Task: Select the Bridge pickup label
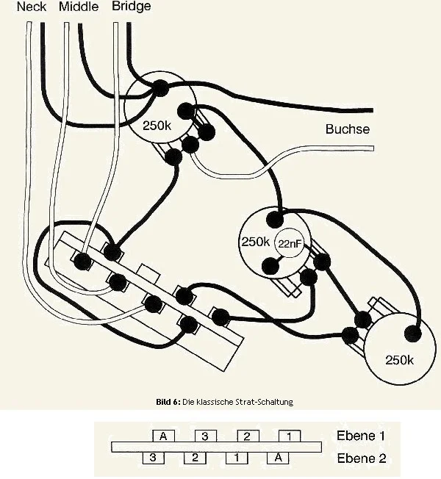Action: (132, 7)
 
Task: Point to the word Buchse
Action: (347, 130)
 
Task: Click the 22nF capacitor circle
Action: (289, 244)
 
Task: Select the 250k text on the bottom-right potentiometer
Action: (399, 360)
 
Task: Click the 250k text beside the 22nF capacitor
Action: (256, 242)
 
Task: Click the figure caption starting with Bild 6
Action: (224, 402)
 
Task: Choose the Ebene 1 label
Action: (360, 436)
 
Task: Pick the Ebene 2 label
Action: (360, 458)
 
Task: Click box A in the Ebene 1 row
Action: (164, 436)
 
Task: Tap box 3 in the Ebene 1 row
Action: (206, 436)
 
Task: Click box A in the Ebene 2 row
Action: (278, 458)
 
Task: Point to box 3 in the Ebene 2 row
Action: (153, 458)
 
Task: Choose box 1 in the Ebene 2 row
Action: (236, 458)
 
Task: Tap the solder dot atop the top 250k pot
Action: (160, 88)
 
